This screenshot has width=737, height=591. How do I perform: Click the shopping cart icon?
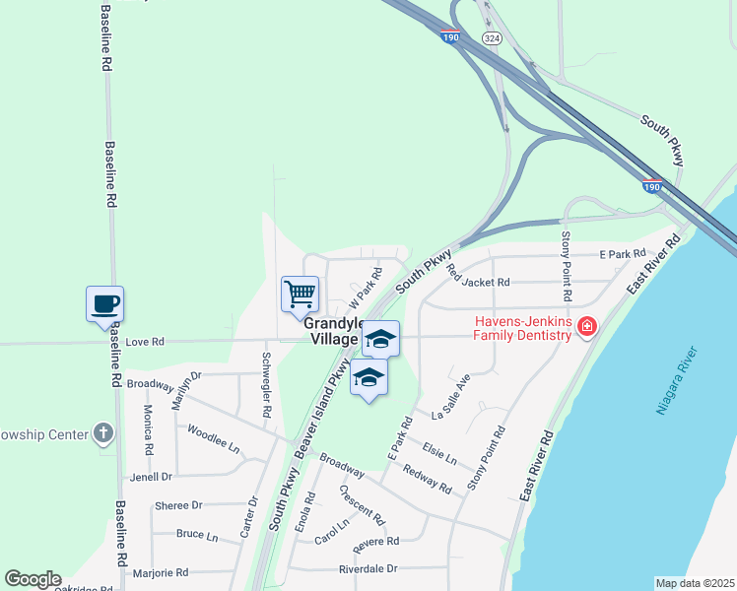300,293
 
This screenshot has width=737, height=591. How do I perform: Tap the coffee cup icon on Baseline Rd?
104,303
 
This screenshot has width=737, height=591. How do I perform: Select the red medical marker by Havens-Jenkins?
587,325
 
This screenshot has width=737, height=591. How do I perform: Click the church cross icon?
103,433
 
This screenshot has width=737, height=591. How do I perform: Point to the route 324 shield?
491,36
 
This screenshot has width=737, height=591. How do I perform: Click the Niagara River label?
677,381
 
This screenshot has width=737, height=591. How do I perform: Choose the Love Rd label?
146,343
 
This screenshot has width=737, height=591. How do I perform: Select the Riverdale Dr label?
368,569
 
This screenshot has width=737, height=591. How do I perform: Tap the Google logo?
33,579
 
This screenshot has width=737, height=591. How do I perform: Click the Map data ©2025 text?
695,583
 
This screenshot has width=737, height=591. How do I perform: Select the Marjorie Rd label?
162,572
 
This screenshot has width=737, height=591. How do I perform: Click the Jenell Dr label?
151,477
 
